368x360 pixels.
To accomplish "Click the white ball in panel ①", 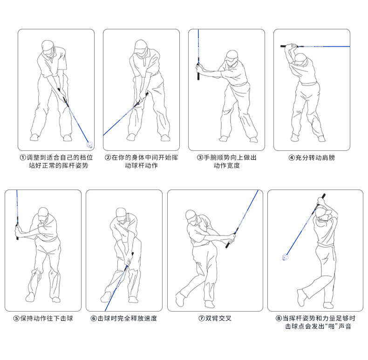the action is click(89, 144).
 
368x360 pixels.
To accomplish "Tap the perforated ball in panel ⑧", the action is click(285, 257).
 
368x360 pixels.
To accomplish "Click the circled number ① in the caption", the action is click(23, 157).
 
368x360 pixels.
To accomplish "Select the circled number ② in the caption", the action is click(108, 157).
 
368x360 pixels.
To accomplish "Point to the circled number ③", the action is click(200, 157).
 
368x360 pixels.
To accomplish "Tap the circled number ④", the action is click(292, 158).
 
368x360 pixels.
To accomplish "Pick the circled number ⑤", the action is click(16, 319).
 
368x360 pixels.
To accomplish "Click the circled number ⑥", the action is click(94, 319).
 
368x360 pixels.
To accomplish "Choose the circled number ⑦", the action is click(202, 319).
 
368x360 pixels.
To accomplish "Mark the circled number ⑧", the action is click(279, 319).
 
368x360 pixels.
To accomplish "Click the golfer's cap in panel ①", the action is click(48, 45).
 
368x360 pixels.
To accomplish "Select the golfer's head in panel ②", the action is click(141, 47).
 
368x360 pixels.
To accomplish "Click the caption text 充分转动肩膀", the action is click(315, 158).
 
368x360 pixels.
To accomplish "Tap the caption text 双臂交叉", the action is click(218, 319).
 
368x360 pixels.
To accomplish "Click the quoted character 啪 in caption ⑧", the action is click(331, 326).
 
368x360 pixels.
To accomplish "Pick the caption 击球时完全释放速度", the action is click(127, 319).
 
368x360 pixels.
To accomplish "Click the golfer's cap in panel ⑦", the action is click(191, 215).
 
